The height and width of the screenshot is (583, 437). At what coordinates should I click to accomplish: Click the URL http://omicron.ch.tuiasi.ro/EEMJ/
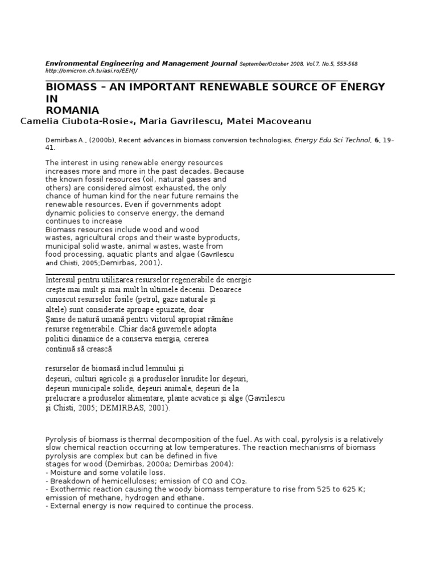click(x=91, y=71)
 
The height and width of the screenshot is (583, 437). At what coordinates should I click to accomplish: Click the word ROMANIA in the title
click(x=72, y=110)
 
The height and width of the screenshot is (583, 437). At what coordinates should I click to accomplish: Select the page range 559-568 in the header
click(x=345, y=64)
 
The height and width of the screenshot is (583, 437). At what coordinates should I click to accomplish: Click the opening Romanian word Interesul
click(x=63, y=280)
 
